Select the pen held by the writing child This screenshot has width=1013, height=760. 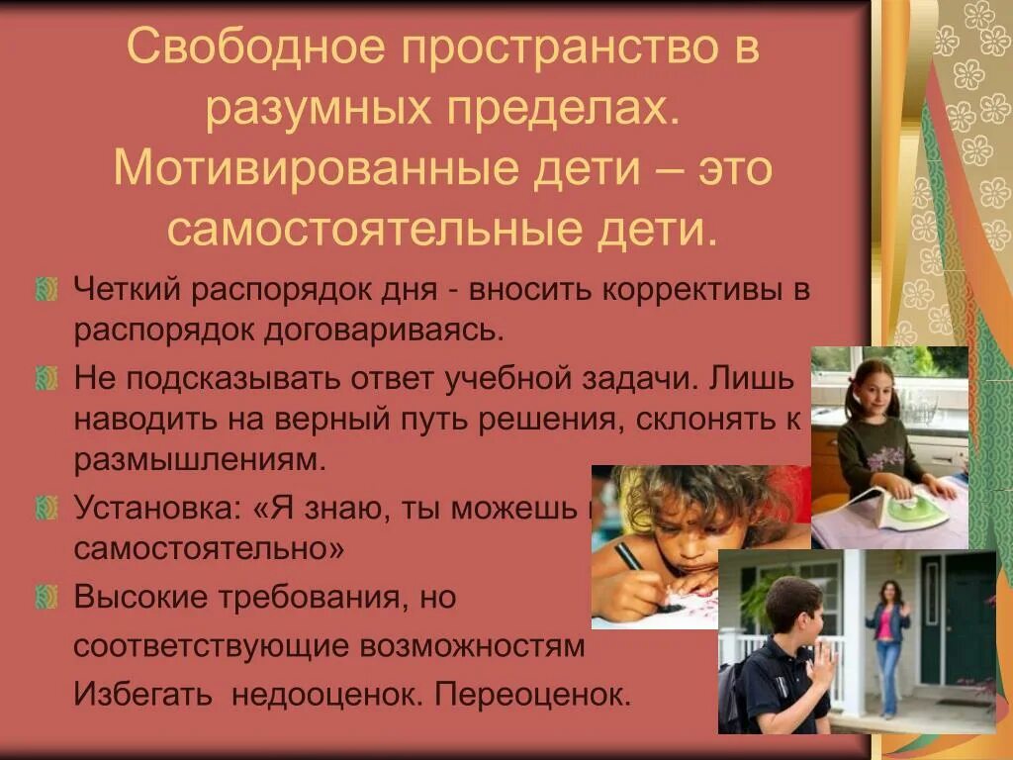tap(629, 559)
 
